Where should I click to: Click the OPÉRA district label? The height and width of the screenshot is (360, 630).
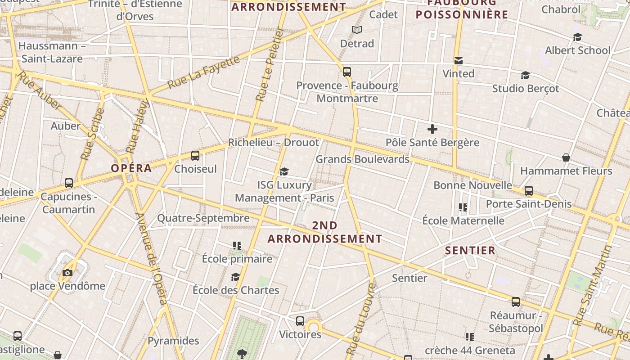(x=131, y=168)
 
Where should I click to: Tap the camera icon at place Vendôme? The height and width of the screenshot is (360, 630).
(x=67, y=273)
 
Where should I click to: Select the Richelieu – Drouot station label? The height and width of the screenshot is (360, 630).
(x=273, y=143)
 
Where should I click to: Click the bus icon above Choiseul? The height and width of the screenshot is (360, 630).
(x=195, y=156)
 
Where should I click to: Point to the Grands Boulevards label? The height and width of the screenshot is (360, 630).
(x=362, y=159)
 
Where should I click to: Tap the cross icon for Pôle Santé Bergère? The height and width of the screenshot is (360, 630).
(x=432, y=130)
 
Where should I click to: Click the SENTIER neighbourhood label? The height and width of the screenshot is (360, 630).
(x=470, y=251)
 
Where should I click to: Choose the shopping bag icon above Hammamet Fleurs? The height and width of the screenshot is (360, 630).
(x=566, y=157)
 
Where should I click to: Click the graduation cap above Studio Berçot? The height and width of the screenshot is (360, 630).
(x=525, y=75)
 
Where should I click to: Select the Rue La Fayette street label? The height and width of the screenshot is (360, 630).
(x=204, y=72)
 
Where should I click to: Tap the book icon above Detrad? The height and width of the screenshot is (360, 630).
(x=357, y=30)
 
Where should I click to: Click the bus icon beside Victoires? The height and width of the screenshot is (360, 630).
(x=300, y=321)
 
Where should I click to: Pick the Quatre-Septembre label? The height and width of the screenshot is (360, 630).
(x=203, y=218)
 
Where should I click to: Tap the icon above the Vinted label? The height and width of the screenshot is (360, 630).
(x=459, y=60)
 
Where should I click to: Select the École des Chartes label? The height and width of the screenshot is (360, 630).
(x=236, y=290)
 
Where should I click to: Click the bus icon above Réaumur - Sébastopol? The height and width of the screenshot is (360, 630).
(x=516, y=302)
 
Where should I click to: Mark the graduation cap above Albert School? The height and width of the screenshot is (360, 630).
(x=577, y=37)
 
